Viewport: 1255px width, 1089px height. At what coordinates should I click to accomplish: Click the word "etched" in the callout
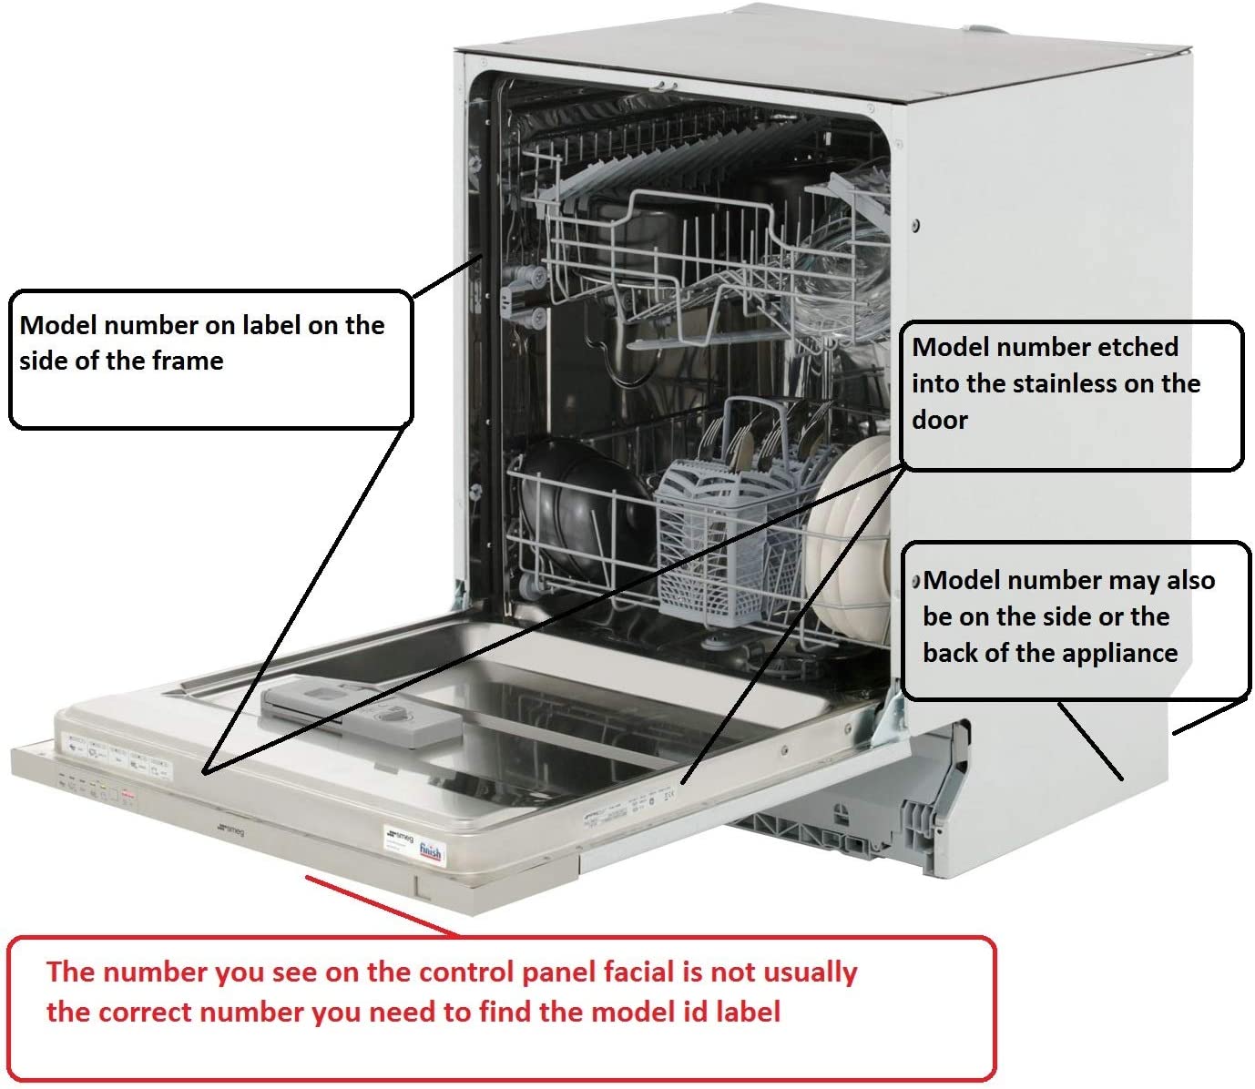1138,347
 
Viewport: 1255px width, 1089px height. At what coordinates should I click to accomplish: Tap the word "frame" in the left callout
188,361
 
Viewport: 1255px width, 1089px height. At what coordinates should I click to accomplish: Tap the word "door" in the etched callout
940,420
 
